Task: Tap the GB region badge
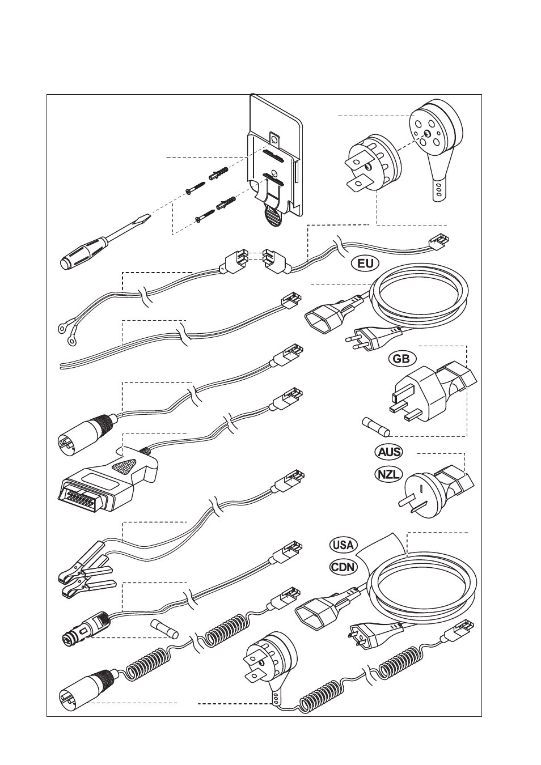coord(402,359)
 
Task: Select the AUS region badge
coord(389,452)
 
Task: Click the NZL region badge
coord(389,474)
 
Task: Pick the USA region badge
coord(343,545)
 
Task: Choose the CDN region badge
coord(343,567)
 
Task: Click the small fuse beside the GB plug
coord(373,424)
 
